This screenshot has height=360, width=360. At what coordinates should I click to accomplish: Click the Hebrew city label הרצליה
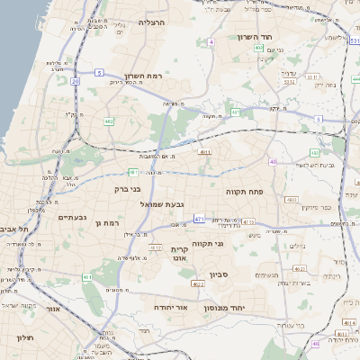(153, 21)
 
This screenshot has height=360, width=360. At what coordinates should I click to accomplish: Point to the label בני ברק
(129, 189)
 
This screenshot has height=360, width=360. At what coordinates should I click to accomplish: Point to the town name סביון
(220, 274)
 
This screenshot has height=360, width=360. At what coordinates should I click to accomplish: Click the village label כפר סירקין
(314, 207)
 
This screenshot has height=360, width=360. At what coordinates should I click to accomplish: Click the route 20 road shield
(76, 81)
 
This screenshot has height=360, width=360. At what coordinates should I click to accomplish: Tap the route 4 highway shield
(211, 42)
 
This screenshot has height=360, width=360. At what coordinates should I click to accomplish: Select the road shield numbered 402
(109, 121)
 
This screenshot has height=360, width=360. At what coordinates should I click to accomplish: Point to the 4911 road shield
(206, 154)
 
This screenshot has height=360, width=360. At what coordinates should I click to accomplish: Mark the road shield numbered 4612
(198, 283)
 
